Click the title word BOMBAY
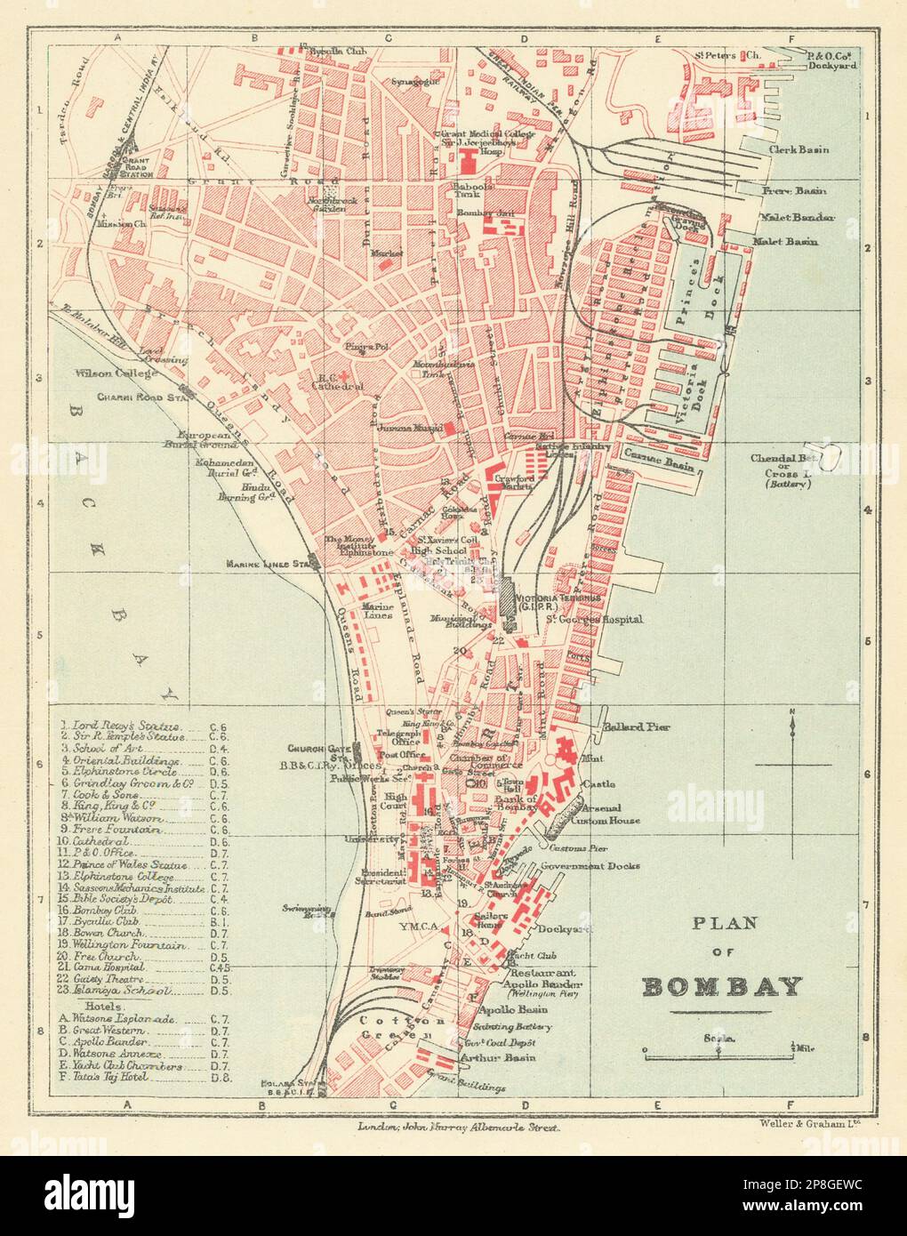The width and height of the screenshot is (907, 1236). [x=721, y=987]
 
